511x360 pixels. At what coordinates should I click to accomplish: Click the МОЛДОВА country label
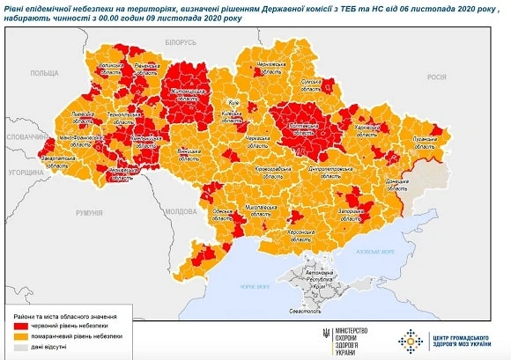(181, 211)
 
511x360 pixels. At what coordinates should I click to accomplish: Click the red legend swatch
(20, 325)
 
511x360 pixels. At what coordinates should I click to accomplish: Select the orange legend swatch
(20, 335)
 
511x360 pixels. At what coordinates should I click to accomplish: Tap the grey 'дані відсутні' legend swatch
(20, 347)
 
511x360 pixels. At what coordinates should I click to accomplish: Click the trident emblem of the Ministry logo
(327, 336)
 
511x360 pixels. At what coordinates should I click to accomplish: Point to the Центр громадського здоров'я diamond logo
(411, 337)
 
